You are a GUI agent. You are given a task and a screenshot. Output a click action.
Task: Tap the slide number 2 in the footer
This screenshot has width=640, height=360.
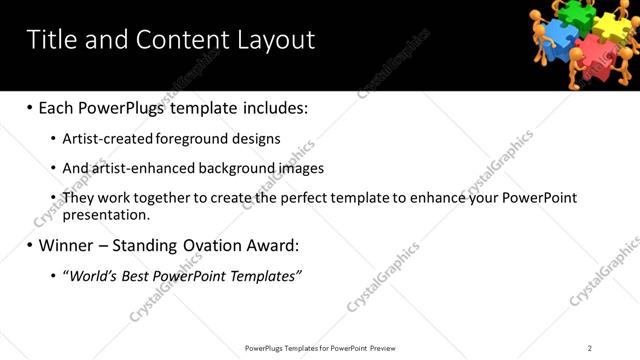(590, 348)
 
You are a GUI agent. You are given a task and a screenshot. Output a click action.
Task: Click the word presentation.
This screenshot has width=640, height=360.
(106, 214)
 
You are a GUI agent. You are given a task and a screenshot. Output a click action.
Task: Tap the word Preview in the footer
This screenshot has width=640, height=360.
(382, 348)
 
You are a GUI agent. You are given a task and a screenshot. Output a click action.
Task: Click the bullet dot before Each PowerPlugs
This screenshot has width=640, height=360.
(29, 107)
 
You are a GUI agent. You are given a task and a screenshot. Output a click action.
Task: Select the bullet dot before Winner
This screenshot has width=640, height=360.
(29, 245)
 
